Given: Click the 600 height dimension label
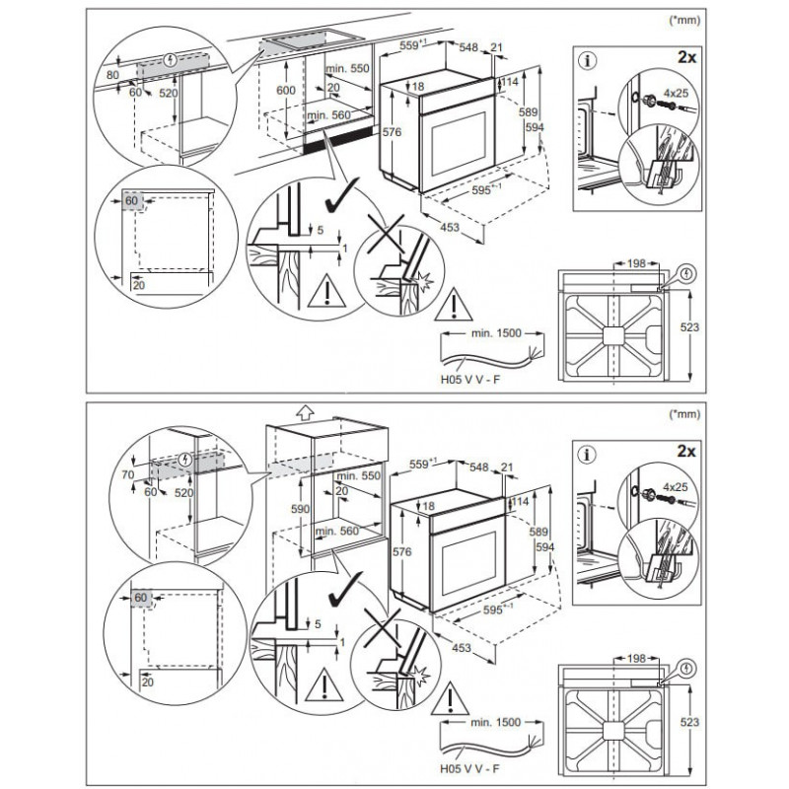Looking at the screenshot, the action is click(x=286, y=91).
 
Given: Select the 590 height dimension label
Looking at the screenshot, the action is click(x=301, y=509).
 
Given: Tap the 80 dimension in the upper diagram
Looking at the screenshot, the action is click(x=112, y=76).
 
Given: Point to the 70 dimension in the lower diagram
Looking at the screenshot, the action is click(x=128, y=474).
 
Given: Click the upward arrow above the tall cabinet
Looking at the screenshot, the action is click(x=305, y=412).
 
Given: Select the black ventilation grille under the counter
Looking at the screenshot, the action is click(x=338, y=141).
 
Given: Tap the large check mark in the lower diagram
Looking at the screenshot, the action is click(x=345, y=589).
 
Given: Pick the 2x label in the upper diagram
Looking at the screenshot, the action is click(x=686, y=57).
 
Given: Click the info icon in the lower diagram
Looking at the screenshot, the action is click(x=587, y=456).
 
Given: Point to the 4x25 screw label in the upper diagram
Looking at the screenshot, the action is click(x=676, y=94).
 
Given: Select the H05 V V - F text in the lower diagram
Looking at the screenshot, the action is click(x=470, y=769).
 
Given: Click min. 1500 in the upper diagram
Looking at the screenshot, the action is click(x=496, y=333).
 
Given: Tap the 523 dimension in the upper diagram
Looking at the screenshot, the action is click(x=689, y=327).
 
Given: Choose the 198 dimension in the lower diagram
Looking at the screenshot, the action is click(x=636, y=659).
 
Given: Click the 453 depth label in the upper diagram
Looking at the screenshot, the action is click(x=450, y=228).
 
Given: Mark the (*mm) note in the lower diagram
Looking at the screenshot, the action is click(x=684, y=414).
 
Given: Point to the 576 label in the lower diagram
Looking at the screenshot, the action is click(x=402, y=552).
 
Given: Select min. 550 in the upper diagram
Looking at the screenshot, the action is click(x=347, y=68).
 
